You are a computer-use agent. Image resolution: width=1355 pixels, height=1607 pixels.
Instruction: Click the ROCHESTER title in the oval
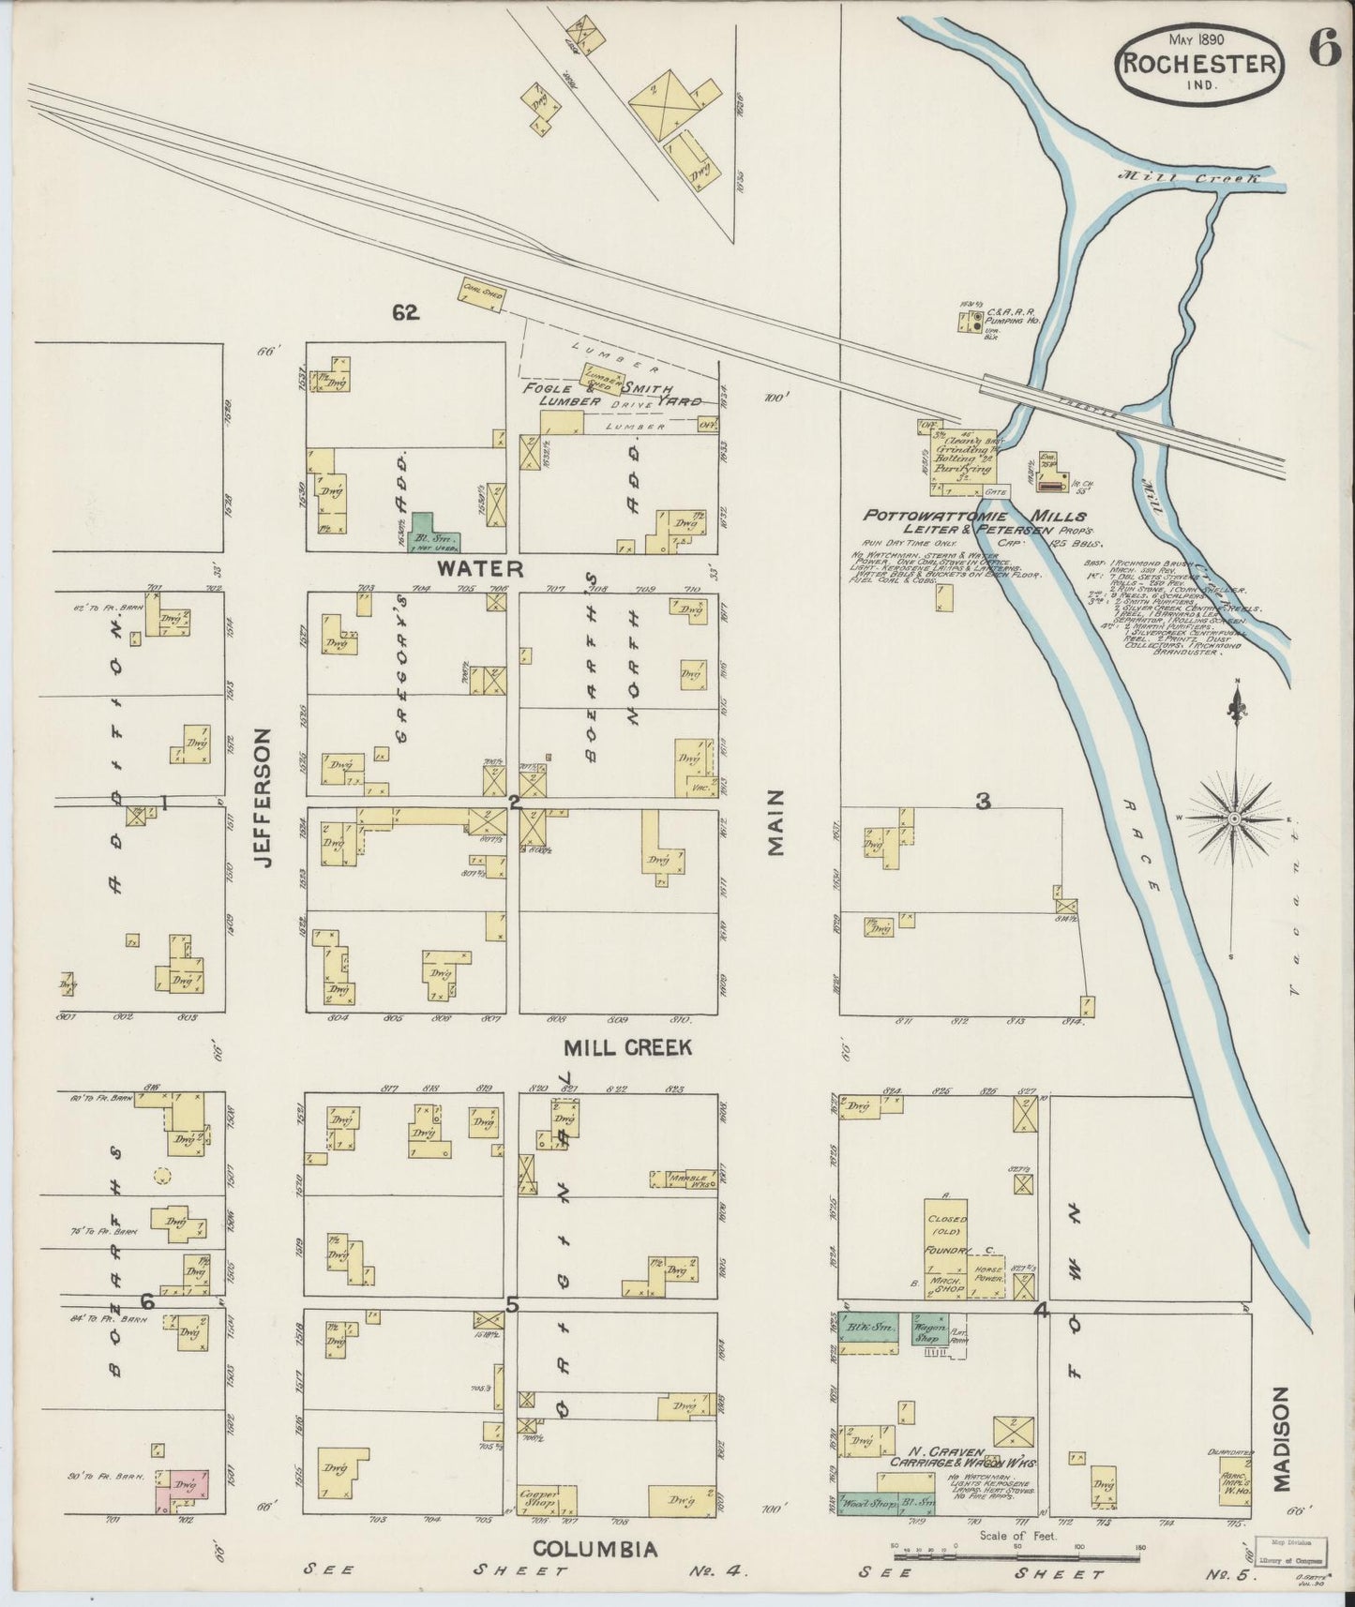coord(1198,65)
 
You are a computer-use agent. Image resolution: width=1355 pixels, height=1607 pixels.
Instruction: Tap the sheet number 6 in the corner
coord(1325,49)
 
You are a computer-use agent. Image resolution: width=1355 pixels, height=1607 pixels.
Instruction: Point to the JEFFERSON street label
coord(263,797)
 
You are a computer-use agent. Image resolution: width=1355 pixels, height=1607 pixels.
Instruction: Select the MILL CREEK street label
coord(627,1048)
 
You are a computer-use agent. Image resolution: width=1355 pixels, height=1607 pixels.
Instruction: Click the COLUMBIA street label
coord(595,1549)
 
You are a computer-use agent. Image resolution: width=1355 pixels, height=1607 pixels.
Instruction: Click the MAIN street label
coord(775,822)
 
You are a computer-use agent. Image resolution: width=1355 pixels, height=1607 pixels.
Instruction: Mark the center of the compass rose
coord(1235,819)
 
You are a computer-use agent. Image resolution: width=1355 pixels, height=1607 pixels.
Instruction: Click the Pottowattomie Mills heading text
coord(974,516)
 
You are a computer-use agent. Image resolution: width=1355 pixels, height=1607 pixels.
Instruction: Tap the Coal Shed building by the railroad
coord(482,293)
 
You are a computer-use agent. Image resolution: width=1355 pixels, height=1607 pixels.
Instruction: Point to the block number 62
coord(406,314)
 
